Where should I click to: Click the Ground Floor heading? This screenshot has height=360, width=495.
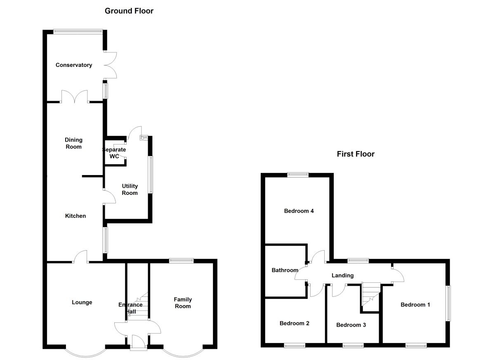(129, 11)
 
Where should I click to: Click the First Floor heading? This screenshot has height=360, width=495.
(356, 154)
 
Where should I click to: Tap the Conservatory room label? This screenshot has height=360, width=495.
(74, 65)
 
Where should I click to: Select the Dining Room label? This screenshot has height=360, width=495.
(73, 143)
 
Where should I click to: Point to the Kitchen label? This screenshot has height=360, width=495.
(75, 216)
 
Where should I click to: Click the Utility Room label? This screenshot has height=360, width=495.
(130, 189)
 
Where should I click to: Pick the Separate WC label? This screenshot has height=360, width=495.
(114, 153)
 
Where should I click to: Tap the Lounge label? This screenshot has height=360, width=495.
(82, 302)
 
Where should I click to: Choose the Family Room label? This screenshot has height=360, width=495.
(182, 303)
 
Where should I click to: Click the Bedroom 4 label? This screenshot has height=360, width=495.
(299, 211)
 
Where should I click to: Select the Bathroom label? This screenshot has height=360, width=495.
(285, 270)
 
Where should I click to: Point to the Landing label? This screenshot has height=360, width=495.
(343, 275)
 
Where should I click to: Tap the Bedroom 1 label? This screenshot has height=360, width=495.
(415, 305)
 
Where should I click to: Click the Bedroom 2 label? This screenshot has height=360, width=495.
(295, 323)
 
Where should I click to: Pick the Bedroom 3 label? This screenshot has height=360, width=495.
(351, 325)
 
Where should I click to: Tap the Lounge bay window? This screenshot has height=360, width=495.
(85, 352)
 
